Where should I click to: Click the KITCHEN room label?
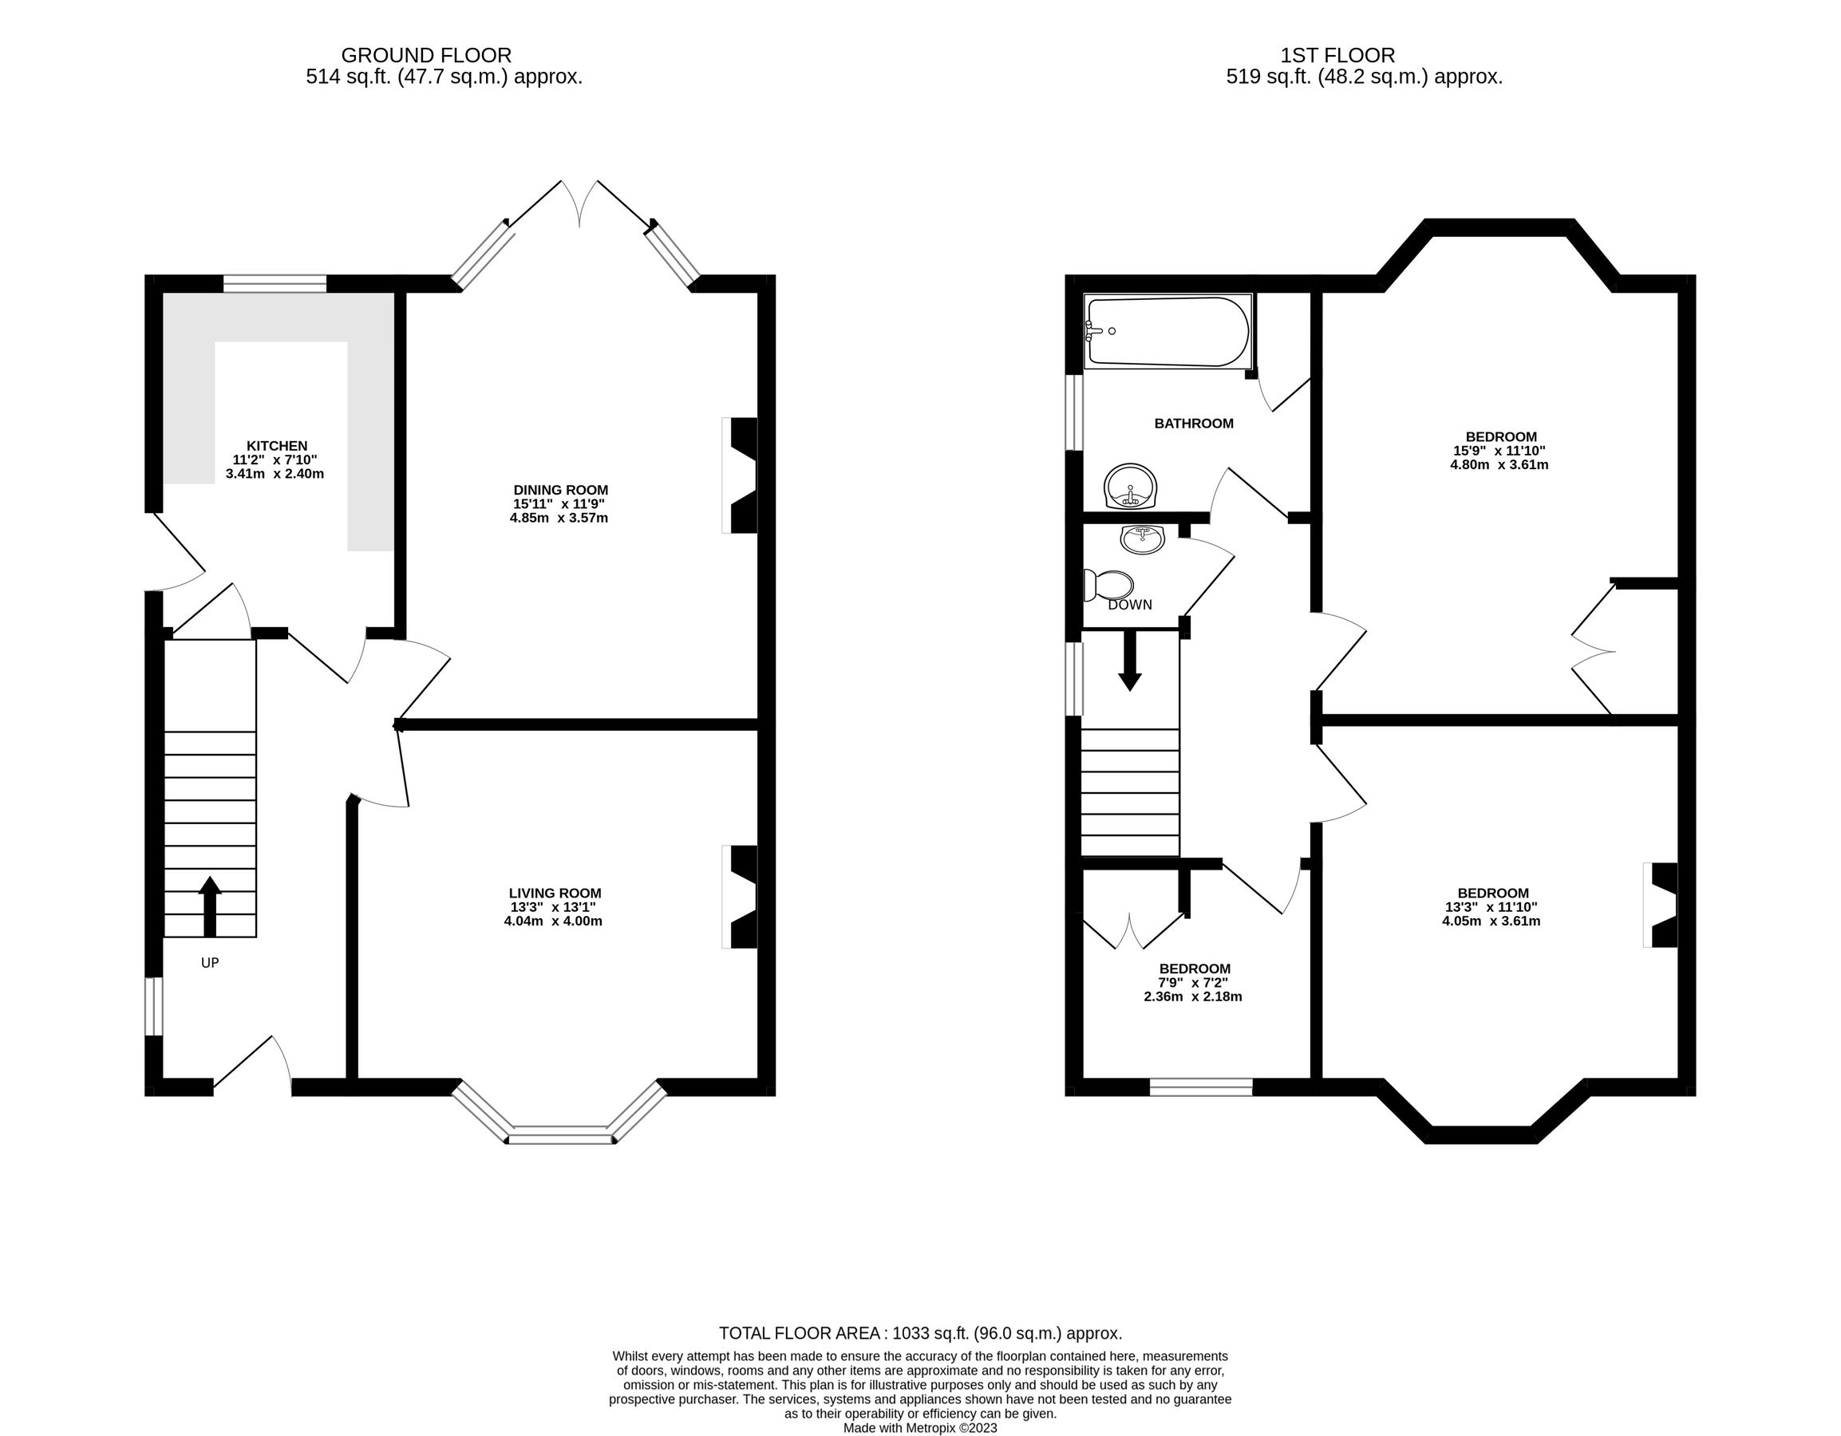point(276,446)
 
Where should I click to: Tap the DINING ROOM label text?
point(559,490)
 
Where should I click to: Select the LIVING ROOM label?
point(555,894)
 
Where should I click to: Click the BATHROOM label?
point(1193,423)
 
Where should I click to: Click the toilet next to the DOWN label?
point(1111,584)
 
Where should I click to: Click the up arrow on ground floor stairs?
point(210,905)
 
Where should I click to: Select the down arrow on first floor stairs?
point(1128,661)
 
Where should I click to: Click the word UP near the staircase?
point(210,962)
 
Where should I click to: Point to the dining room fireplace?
point(740,475)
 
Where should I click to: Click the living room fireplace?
point(740,897)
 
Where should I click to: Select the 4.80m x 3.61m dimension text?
point(1499,464)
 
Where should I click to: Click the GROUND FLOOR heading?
point(425,56)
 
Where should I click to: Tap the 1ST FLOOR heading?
point(1337,56)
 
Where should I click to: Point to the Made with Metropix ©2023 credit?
point(919,1428)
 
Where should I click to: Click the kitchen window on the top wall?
point(275,283)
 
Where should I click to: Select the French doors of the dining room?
point(580,204)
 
